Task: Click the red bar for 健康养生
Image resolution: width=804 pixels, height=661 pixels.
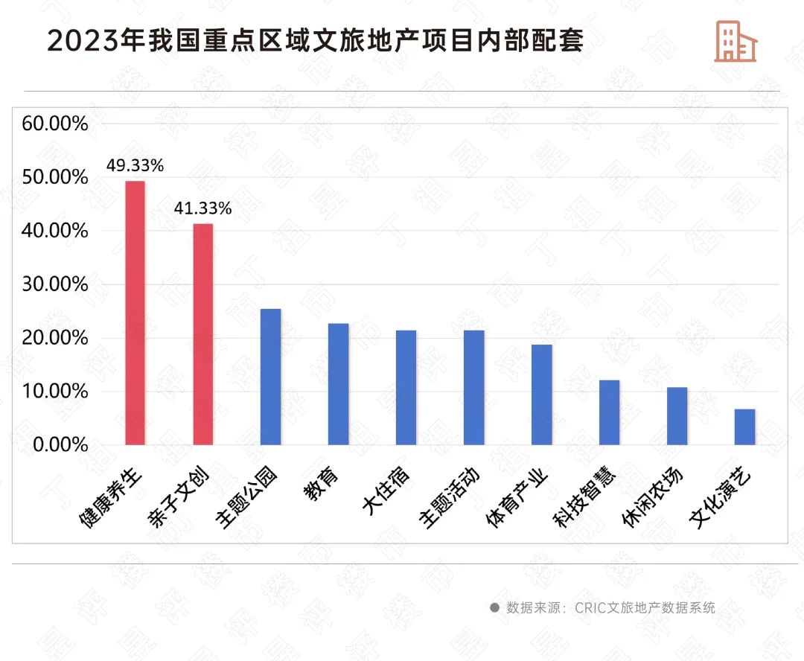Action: pyautogui.click(x=135, y=313)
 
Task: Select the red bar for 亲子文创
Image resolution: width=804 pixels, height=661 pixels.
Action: pyautogui.click(x=202, y=334)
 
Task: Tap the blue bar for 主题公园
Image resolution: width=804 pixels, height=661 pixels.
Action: pyautogui.click(x=270, y=377)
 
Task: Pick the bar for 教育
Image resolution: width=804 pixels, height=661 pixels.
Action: pyautogui.click(x=338, y=384)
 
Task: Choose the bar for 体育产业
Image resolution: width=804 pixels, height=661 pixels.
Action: pyautogui.click(x=541, y=395)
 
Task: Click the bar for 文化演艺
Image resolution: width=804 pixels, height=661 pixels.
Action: pyautogui.click(x=744, y=427)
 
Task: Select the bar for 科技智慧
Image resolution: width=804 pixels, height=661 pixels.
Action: pyautogui.click(x=609, y=412)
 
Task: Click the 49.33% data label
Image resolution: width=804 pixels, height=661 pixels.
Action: pyautogui.click(x=135, y=165)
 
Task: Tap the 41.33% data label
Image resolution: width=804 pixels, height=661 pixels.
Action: pyautogui.click(x=202, y=209)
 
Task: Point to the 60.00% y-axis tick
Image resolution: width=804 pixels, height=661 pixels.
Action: pyautogui.click(x=55, y=124)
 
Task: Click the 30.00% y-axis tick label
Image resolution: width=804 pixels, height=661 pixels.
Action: pyautogui.click(x=55, y=284)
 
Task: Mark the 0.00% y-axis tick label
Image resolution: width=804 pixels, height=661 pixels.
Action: pyautogui.click(x=60, y=445)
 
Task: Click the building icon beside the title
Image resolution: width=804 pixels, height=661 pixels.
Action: pyautogui.click(x=735, y=41)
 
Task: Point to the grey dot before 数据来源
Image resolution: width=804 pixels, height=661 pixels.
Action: pyautogui.click(x=494, y=607)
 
